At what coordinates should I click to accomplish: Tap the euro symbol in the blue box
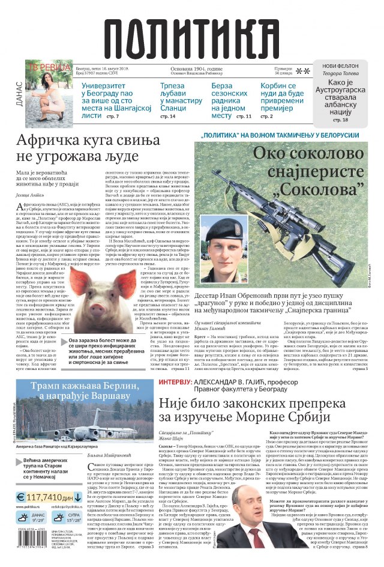point(20,498)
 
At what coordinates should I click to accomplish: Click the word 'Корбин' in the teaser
point(275,86)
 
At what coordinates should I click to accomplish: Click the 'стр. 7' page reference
point(113,115)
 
